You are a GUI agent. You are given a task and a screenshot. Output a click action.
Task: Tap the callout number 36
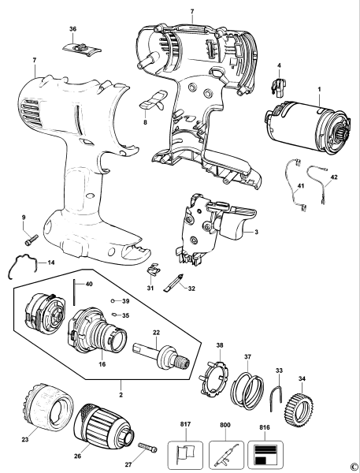point(72,29)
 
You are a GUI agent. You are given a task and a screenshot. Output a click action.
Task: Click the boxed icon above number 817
point(186,455)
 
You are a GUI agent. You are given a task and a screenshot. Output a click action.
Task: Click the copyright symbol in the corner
point(354,466)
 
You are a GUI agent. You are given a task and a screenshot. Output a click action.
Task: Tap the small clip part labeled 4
point(278,77)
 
